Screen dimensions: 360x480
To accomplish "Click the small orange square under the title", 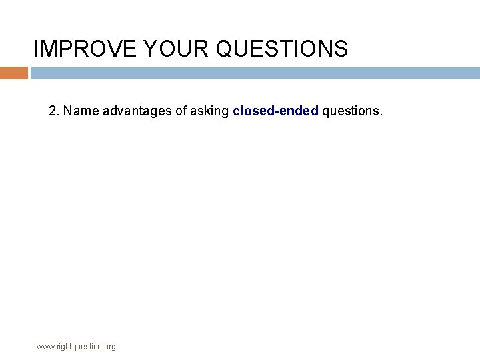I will [x=13, y=73].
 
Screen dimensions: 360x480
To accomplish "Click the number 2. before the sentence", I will [x=54, y=111].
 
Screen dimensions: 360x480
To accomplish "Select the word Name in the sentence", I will [x=81, y=111].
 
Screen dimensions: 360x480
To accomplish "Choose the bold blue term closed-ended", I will [x=275, y=111].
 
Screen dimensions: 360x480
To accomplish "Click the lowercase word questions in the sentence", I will [x=351, y=111].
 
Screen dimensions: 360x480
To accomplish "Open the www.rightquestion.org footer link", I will [x=76, y=347].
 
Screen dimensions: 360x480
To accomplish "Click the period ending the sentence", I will [x=381, y=114].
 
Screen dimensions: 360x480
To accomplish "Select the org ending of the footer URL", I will [x=109, y=347].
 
